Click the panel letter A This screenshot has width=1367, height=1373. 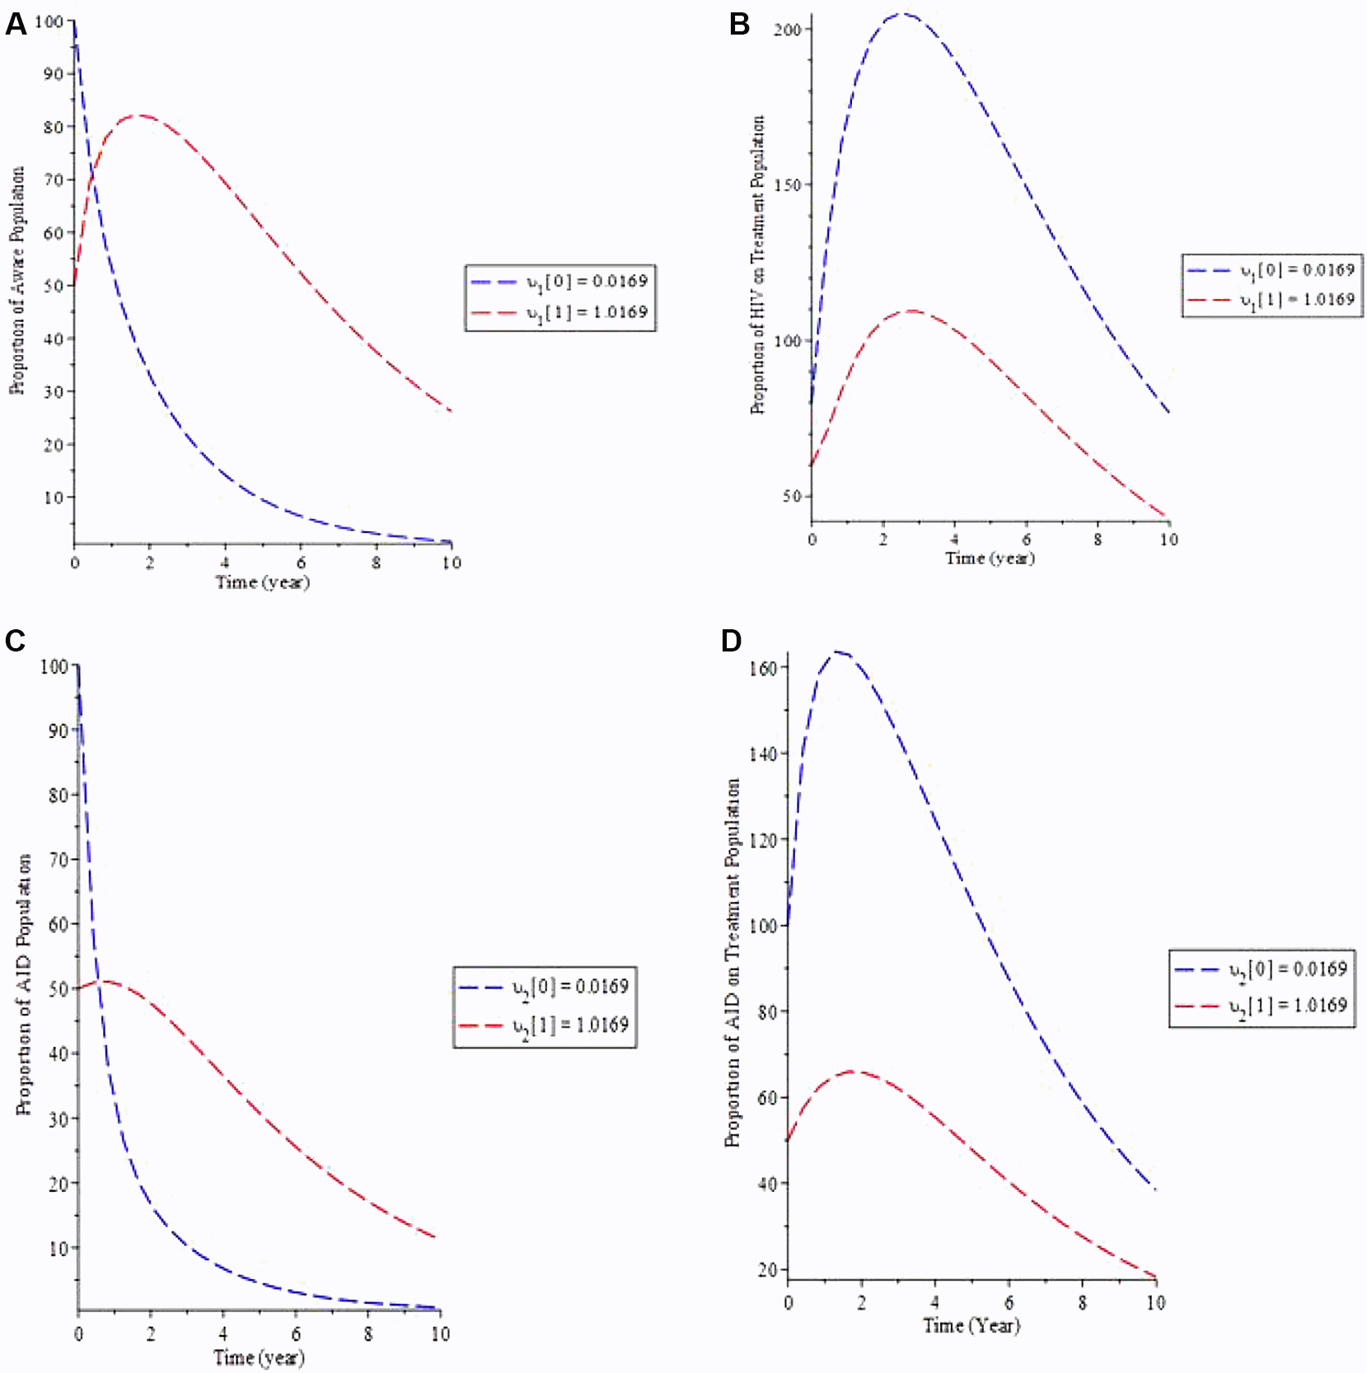[x=16, y=25]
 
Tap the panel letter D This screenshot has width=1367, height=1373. [x=731, y=641]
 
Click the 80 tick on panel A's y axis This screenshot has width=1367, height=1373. [x=54, y=127]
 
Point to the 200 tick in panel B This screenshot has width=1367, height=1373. [x=787, y=30]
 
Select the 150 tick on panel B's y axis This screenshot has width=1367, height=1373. [x=787, y=184]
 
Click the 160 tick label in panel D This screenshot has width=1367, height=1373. [x=763, y=668]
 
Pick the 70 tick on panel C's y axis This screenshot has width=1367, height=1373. [x=58, y=860]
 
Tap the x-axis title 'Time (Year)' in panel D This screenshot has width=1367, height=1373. [x=971, y=1325]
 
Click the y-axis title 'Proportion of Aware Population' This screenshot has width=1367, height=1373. [x=17, y=280]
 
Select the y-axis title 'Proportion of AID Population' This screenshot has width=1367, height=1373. [x=24, y=984]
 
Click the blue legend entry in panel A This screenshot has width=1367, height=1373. [x=559, y=282]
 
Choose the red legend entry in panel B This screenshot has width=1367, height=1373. [x=1271, y=300]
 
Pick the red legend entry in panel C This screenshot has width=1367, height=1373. [x=545, y=1025]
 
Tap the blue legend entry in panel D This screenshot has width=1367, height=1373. [x=1261, y=969]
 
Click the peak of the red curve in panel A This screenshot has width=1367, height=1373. [x=142, y=115]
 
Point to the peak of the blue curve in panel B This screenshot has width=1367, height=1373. [x=904, y=13]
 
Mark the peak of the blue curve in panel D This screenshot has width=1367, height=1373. [x=837, y=652]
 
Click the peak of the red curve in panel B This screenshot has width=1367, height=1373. [x=912, y=311]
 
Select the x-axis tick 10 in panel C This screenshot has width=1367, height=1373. [x=441, y=1333]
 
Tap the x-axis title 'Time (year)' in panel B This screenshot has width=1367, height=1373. [x=990, y=558]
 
